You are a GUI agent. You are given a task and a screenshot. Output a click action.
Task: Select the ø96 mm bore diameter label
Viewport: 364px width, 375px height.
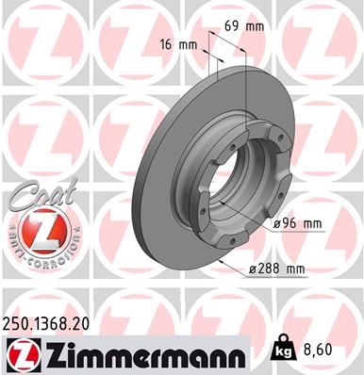pos(297,224)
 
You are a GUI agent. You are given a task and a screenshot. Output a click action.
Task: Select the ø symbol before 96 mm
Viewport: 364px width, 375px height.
pos(276,224)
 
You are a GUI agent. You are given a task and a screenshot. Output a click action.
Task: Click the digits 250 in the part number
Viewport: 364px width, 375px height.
pos(20,322)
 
